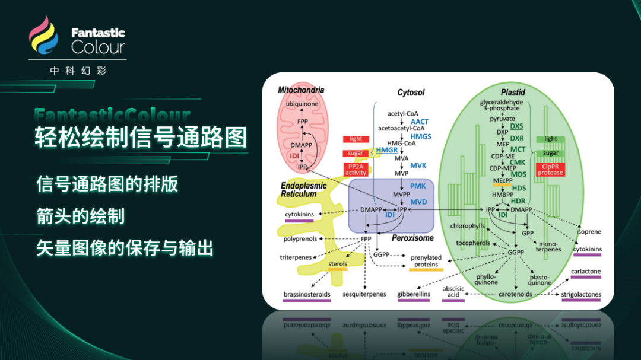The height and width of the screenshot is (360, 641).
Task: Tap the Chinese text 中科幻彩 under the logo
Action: click(78, 71)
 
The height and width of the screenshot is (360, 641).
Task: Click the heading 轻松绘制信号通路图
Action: click(140, 137)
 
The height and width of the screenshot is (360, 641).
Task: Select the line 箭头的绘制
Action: click(80, 216)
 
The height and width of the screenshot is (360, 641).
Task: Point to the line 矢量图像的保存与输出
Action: click(125, 248)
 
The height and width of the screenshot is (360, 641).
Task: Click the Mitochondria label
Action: click(301, 90)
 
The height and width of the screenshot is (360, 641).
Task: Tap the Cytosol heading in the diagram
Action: click(411, 93)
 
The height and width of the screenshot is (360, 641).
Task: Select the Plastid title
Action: click(513, 93)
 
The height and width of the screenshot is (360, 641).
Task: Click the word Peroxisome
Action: click(412, 238)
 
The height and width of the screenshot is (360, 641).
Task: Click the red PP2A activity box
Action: click(356, 169)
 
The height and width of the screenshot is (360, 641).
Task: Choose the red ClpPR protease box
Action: click(550, 169)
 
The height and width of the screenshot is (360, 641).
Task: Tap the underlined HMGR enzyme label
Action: click(387, 150)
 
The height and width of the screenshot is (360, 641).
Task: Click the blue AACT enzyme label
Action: click(419, 122)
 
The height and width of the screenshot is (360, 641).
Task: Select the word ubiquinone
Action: click(302, 104)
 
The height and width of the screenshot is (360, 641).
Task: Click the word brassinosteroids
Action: click(306, 294)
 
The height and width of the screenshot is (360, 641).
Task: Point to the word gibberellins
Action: click(413, 294)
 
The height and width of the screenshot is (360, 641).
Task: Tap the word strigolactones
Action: click(581, 294)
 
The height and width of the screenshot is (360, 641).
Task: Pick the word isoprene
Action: click(589, 231)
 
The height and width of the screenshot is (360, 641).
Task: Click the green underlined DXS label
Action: click(516, 126)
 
